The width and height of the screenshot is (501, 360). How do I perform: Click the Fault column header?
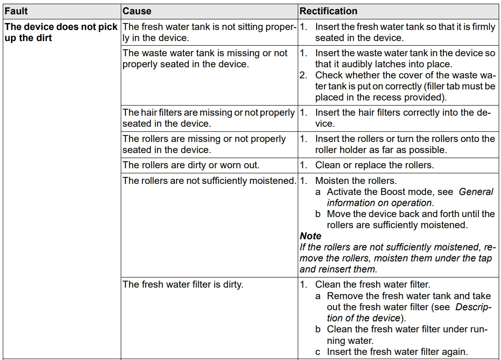coord(16,11)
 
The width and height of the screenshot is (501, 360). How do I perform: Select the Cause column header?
coord(137,11)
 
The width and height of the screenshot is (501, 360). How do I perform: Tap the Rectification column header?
coord(328,11)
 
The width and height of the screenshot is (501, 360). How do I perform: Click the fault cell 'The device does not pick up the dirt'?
coord(61,32)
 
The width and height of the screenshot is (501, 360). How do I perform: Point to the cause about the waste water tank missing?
coord(205,59)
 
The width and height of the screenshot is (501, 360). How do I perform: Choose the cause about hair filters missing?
coord(208,118)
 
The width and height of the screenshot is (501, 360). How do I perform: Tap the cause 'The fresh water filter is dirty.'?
coord(183,284)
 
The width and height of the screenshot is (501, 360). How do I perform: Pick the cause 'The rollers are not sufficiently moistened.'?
coord(209,181)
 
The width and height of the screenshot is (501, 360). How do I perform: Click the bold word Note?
coord(310,236)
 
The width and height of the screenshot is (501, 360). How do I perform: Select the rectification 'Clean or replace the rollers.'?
coord(374,165)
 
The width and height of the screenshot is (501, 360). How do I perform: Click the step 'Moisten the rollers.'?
coord(355,181)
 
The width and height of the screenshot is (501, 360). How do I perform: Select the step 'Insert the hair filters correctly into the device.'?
coord(404,118)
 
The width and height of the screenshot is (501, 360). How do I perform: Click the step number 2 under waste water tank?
coord(303,75)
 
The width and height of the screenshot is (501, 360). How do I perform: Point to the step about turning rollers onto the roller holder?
coord(404,144)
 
